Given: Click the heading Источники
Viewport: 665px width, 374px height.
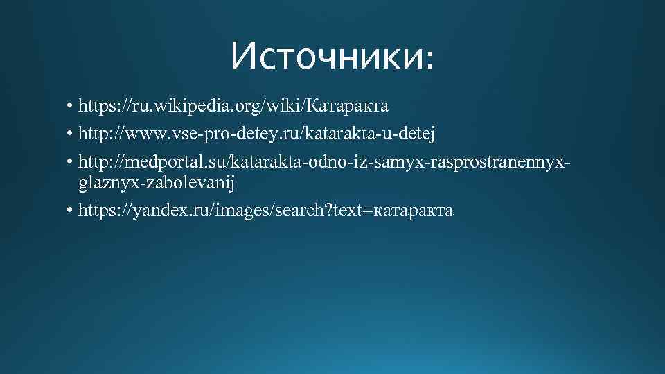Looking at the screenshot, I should (x=326, y=55).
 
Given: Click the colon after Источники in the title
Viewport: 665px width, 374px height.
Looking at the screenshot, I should (x=431, y=60).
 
